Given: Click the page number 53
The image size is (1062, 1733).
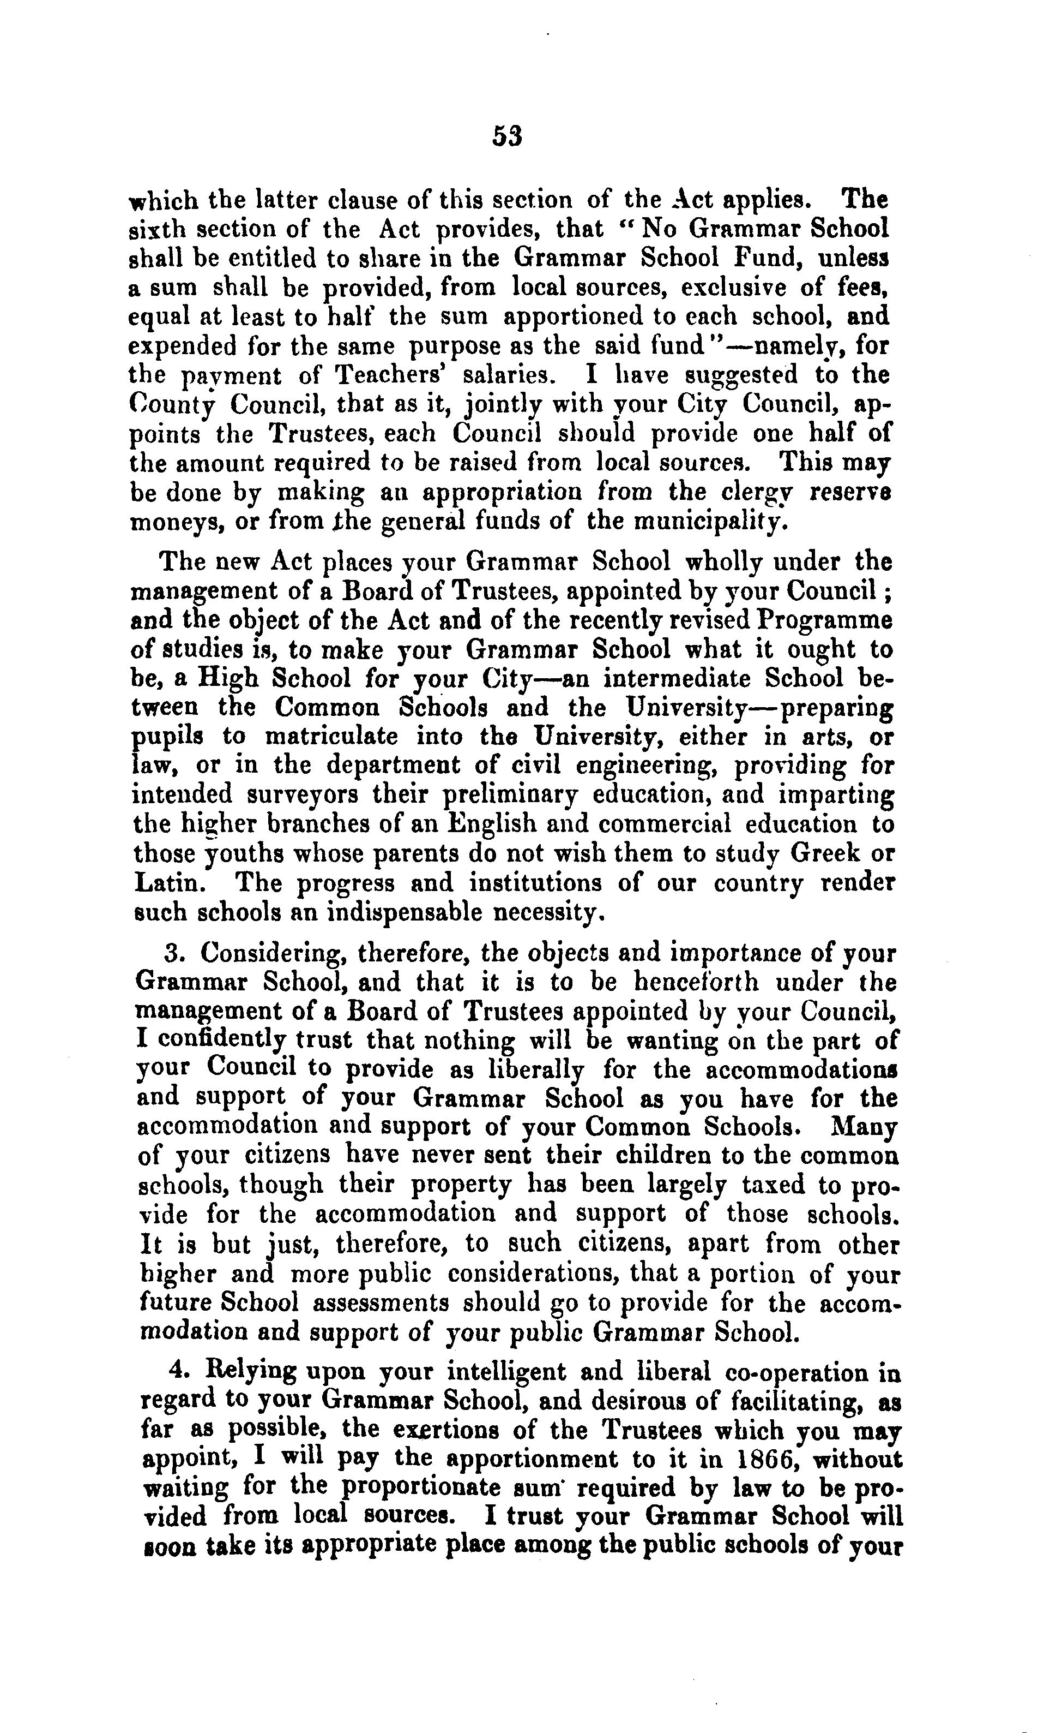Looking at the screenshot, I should [507, 136].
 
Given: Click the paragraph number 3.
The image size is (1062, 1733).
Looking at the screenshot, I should [173, 954].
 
